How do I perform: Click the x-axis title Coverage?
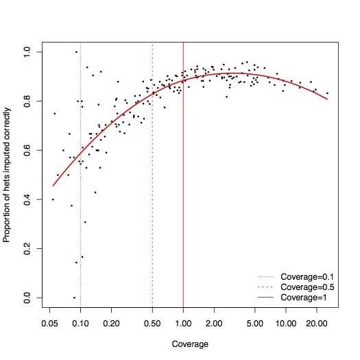pyautogui.click(x=190, y=344)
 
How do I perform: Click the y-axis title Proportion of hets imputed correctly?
pyautogui.click(x=7, y=175)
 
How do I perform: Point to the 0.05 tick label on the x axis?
pyautogui.click(x=49, y=324)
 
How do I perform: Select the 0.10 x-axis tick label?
pyautogui.click(x=80, y=324)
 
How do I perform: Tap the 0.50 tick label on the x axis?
pyautogui.click(x=152, y=324)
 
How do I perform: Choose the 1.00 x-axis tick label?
pyautogui.click(x=183, y=324)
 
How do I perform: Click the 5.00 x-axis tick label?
pyautogui.click(x=255, y=324)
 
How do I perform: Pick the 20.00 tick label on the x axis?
pyautogui.click(x=317, y=324)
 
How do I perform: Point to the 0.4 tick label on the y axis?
pyautogui.click(x=27, y=200)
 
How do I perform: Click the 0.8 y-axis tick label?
pyautogui.click(x=27, y=101)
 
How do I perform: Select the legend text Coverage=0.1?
pyautogui.click(x=307, y=277)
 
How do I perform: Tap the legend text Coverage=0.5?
pyautogui.click(x=307, y=287)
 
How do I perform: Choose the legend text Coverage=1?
pyautogui.click(x=304, y=298)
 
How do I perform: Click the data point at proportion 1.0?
pyautogui.click(x=76, y=52)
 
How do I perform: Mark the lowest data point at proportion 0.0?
pyautogui.click(x=74, y=298)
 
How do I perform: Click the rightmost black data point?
pyautogui.click(x=327, y=93)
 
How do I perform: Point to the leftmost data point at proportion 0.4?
pyautogui.click(x=53, y=200)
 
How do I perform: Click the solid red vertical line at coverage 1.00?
pyautogui.click(x=183, y=175)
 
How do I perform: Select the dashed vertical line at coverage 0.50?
pyautogui.click(x=152, y=175)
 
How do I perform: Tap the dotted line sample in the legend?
pyautogui.click(x=265, y=277)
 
